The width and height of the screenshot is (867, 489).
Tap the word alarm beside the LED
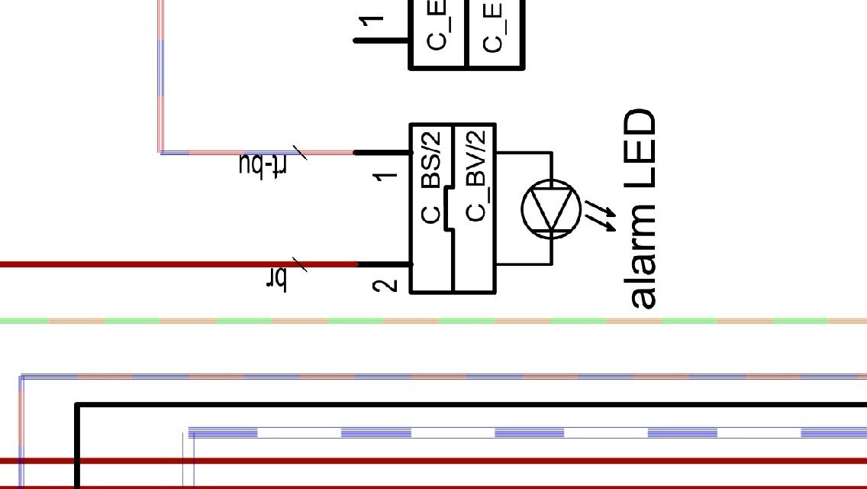tap(641, 256)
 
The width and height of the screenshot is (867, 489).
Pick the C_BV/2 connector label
tap(475, 176)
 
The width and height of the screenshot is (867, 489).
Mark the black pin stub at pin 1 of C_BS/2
tap(382, 153)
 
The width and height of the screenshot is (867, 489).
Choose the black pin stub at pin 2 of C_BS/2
tap(384, 264)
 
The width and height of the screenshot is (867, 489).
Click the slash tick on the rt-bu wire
tap(300, 153)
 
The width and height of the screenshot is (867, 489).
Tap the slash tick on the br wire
tap(300, 265)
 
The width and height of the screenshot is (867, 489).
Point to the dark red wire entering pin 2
tap(153, 264)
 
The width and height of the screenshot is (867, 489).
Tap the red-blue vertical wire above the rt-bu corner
tap(161, 76)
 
